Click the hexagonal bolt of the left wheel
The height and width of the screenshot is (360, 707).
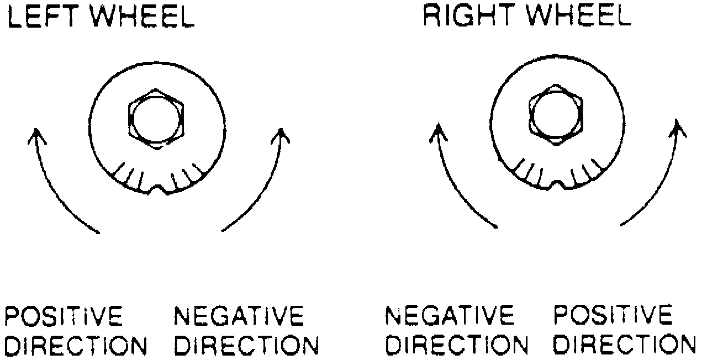pos(155,118)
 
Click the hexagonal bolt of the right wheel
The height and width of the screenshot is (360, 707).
pos(555,115)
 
